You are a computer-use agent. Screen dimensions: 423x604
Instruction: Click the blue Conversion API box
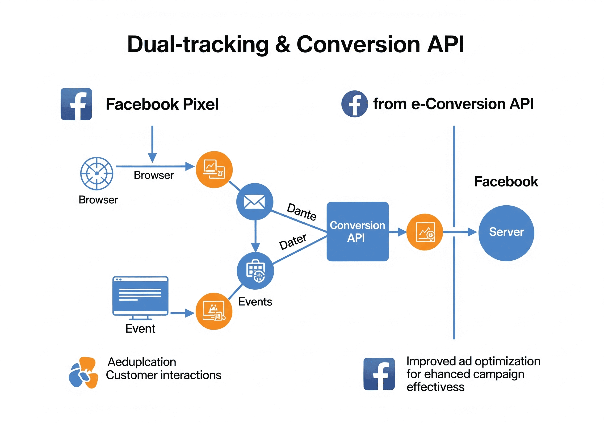point(357,231)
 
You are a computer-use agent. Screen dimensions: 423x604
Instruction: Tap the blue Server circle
point(506,233)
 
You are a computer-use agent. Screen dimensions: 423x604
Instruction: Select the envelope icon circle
point(254,202)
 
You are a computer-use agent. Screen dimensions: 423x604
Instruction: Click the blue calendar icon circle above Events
point(255,271)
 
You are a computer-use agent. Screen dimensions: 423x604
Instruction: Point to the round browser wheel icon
point(96,173)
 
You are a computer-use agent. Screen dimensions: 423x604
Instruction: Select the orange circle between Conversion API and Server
point(425,232)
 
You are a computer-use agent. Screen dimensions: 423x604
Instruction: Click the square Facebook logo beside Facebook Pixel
point(76,104)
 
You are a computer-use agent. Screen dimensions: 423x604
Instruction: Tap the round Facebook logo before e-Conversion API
point(354,104)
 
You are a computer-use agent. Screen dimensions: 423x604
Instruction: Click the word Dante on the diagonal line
point(302,212)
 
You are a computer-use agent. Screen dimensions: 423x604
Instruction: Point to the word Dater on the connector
point(293,242)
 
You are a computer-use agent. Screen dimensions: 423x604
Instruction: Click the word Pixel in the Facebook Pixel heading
point(201,104)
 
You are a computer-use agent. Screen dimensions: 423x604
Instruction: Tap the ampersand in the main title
point(282,44)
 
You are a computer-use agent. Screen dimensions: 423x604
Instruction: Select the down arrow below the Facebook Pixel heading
point(152,145)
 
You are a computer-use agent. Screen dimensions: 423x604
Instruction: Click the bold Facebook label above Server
point(506,182)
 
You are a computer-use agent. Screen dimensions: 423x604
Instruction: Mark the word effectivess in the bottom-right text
point(435,387)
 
